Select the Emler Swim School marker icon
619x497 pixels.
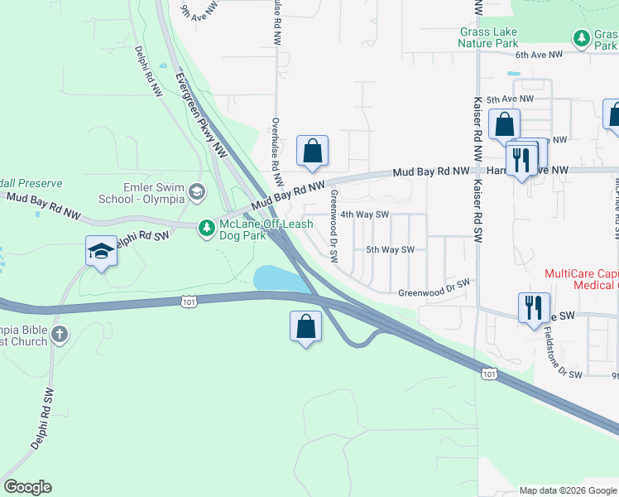(x=196, y=192)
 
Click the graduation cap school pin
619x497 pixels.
(x=101, y=250)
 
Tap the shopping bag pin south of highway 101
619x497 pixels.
(x=305, y=326)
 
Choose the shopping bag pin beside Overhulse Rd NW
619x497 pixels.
(x=312, y=152)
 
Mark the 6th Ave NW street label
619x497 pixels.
(x=539, y=55)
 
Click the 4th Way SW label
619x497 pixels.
(x=365, y=214)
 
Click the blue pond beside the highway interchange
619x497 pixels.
(x=276, y=278)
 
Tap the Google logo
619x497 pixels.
(x=27, y=487)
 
